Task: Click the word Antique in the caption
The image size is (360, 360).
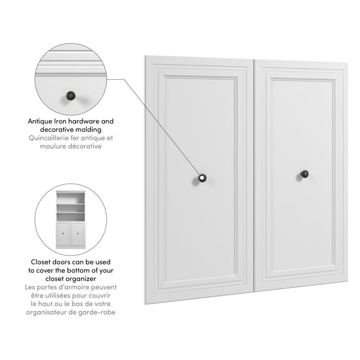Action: point(43,121)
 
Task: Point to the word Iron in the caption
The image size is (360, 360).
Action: point(66,121)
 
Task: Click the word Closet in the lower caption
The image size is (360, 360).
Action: point(44,262)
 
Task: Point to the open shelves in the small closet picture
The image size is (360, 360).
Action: point(71,207)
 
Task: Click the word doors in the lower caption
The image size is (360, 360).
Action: point(68,262)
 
